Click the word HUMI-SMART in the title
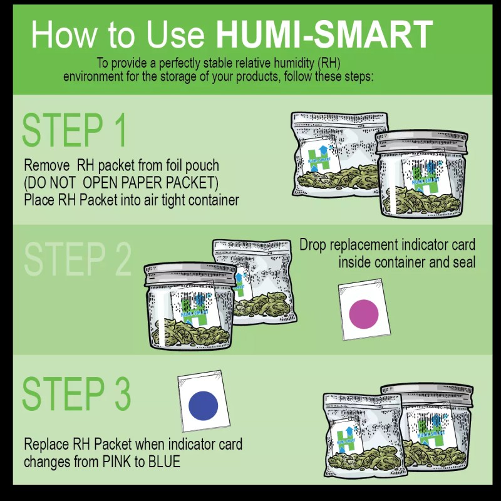[x=324, y=34]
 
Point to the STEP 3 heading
[x=76, y=393]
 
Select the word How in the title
[x=60, y=34]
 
